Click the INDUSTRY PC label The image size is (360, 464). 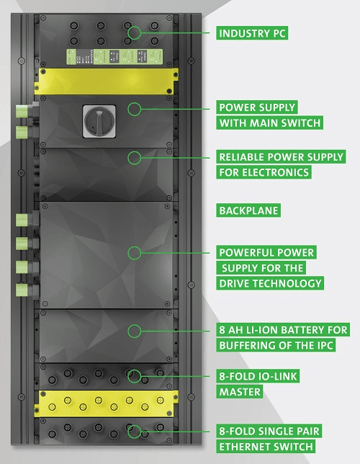pyautogui.click(x=252, y=33)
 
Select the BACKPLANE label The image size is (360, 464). pyautogui.click(x=248, y=210)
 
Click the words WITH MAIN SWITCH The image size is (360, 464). pyautogui.click(x=269, y=122)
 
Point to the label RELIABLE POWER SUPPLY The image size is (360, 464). pyautogui.click(x=281, y=157)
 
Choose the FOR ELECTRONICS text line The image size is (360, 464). pyautogui.click(x=264, y=172)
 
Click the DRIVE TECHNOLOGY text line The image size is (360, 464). pyautogui.click(x=270, y=283)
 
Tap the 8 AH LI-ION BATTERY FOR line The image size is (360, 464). pyautogui.click(x=283, y=330)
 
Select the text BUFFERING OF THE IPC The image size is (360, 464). pyautogui.click(x=276, y=345)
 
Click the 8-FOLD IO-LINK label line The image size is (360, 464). pyautogui.click(x=258, y=376)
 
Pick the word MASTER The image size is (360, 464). pyautogui.click(x=240, y=391)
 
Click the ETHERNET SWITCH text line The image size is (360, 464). pyautogui.click(x=266, y=446)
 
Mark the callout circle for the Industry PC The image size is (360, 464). pyautogui.click(x=135, y=32)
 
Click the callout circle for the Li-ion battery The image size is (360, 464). pyautogui.click(x=135, y=331)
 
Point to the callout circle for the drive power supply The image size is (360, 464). pyautogui.click(x=135, y=253)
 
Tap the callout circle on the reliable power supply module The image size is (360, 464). pyautogui.click(x=135, y=158)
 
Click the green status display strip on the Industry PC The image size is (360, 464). pyautogui.click(x=114, y=56)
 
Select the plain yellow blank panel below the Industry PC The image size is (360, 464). pyautogui.click(x=106, y=81)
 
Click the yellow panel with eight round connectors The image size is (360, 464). pyautogui.click(x=106, y=403)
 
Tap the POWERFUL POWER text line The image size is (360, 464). pyautogui.click(x=266, y=252)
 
